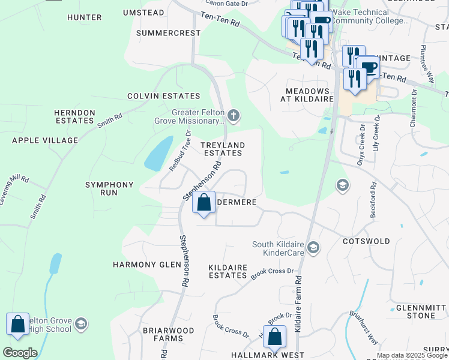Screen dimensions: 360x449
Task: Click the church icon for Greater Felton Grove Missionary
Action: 234,115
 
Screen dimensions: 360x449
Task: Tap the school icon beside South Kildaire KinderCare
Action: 313,247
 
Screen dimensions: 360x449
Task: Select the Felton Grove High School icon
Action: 81,325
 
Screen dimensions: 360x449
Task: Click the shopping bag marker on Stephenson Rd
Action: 204,203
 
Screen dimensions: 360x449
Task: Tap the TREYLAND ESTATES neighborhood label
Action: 222,149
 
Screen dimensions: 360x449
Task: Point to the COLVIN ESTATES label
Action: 163,96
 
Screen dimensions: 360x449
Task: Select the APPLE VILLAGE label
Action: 45,140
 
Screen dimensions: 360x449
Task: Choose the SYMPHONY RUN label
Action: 109,189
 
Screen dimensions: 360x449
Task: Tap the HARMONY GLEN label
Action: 143,264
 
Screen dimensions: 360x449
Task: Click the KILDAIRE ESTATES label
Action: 228,271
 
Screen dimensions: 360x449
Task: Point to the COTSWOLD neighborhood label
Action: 366,241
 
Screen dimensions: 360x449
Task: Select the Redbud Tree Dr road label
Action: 179,151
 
